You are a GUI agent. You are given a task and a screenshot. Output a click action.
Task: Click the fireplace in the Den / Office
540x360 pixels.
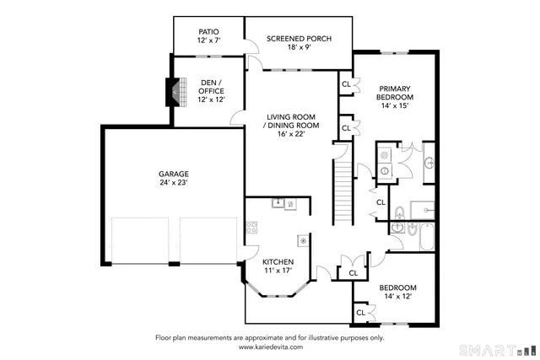point(175,92)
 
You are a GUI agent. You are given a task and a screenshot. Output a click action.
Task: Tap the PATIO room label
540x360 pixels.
point(208,32)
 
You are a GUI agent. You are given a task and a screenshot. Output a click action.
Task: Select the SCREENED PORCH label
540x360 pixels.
point(298,39)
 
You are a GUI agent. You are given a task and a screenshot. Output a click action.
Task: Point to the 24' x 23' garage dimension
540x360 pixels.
point(149,183)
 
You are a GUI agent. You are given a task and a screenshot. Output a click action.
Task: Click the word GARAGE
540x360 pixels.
point(149,175)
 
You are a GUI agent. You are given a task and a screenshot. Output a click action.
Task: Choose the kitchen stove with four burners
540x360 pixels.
point(251,228)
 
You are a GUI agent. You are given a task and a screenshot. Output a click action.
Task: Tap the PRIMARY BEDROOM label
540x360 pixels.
point(394,93)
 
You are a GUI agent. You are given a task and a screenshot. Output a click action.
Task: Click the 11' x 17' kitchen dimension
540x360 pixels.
point(277,271)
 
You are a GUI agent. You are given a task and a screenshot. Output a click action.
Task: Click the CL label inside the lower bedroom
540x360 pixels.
point(360,312)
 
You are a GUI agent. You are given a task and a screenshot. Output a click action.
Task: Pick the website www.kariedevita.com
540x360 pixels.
point(269,346)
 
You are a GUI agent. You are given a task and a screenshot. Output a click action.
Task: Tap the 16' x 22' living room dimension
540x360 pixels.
point(285,133)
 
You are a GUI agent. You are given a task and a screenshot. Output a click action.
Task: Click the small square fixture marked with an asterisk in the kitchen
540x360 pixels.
point(303,240)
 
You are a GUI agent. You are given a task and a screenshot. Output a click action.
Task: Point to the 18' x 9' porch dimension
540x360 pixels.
point(298,49)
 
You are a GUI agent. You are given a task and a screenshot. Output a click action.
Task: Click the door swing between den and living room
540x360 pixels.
point(237,120)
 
